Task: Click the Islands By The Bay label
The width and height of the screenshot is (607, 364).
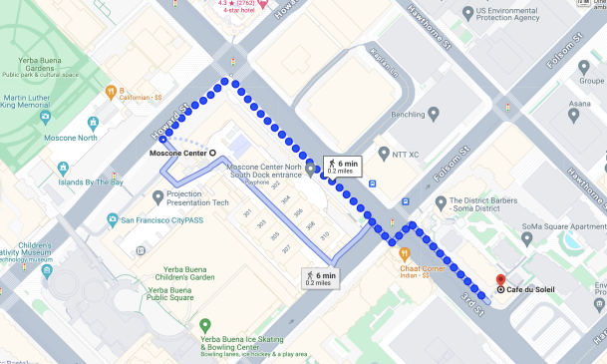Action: (90, 182)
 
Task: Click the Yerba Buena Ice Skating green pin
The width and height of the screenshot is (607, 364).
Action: (204, 325)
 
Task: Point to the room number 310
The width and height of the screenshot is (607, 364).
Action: (325, 236)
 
